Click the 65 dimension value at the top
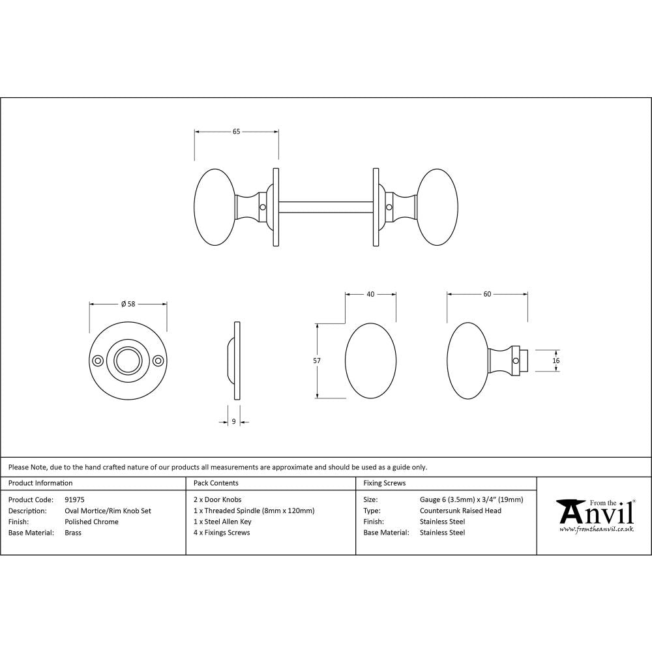(236, 132)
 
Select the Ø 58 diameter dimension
(128, 304)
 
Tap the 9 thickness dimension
(233, 422)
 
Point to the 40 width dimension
(370, 294)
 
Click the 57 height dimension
(317, 360)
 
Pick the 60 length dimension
(487, 294)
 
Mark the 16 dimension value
(556, 360)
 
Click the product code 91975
(75, 499)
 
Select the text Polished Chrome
(91, 522)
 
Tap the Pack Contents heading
(216, 483)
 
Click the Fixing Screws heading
(384, 483)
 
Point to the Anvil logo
(595, 515)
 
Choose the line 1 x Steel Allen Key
(222, 522)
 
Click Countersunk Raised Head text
(460, 511)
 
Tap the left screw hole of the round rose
(98, 360)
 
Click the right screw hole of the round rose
(157, 360)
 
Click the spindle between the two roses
(326, 207)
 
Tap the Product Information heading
(40, 483)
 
